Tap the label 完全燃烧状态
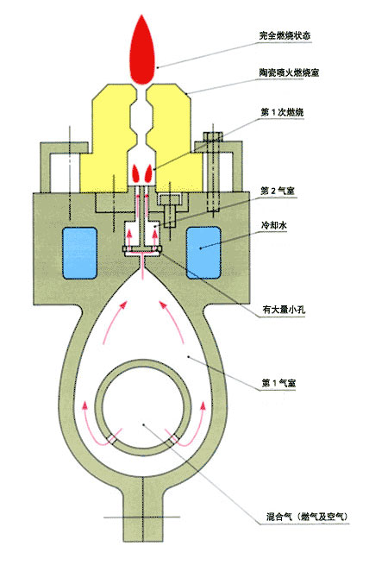click(x=285, y=35)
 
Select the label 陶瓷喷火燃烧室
click(x=289, y=72)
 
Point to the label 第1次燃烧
click(x=282, y=112)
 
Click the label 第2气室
click(x=278, y=191)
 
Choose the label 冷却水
click(x=274, y=225)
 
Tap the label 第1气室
click(x=278, y=383)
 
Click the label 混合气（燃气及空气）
click(x=307, y=517)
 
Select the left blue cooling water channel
click(x=79, y=253)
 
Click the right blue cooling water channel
click(x=203, y=253)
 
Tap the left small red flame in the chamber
click(x=136, y=173)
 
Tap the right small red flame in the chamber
click(x=148, y=173)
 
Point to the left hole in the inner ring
click(x=112, y=439)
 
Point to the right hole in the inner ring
click(x=175, y=439)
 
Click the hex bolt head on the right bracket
click(x=213, y=137)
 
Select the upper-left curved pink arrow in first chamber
click(x=115, y=322)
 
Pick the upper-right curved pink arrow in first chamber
click(x=172, y=322)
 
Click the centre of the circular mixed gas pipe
click(x=143, y=407)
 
